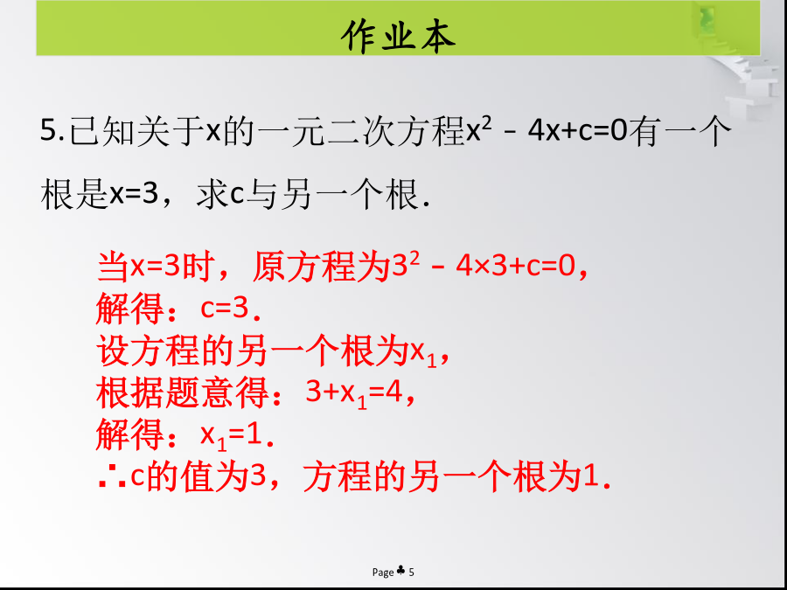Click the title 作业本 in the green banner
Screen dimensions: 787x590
(398, 36)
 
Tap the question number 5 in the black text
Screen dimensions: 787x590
(49, 130)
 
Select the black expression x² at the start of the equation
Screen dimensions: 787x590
(474, 131)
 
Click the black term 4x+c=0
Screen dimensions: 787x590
(577, 131)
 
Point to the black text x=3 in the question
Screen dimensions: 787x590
(134, 194)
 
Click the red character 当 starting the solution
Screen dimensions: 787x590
(113, 266)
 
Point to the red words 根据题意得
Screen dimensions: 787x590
(183, 392)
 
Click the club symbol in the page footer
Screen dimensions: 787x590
(400, 571)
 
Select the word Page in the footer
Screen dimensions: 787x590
(383, 572)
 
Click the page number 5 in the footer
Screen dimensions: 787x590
(412, 572)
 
